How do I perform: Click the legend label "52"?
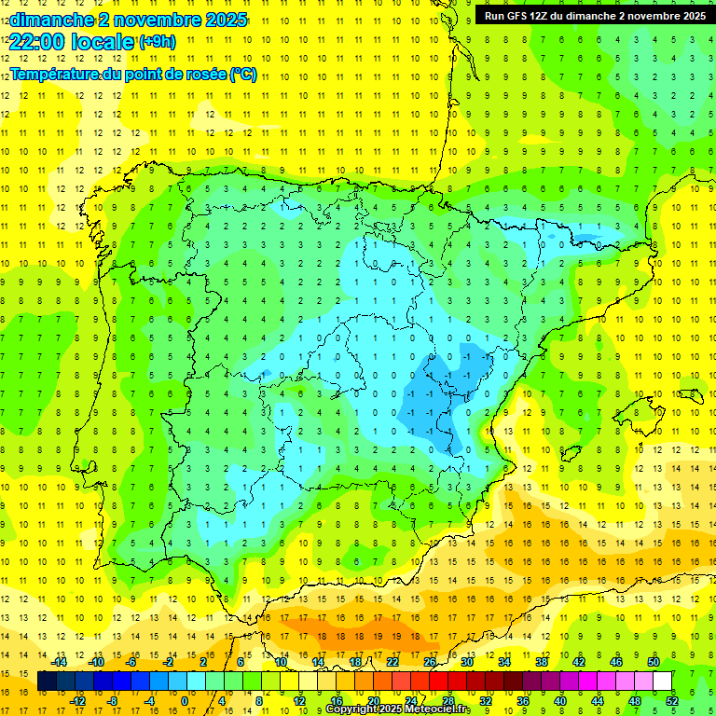point(672,701)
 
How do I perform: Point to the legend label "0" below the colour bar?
point(186,701)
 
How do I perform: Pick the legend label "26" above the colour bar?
point(430,662)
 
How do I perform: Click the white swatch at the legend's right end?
point(663,682)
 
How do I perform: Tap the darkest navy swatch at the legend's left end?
point(48,682)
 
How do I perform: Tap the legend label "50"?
point(654,662)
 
